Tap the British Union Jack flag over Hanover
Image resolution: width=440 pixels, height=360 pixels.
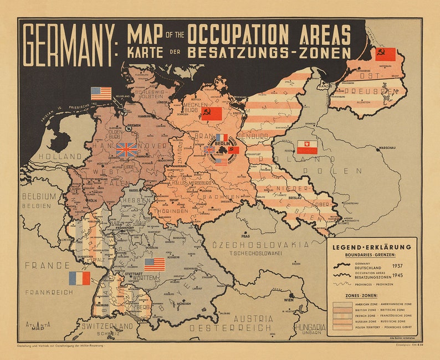[x=127, y=150]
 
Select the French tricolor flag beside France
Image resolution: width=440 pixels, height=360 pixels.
[x=79, y=278]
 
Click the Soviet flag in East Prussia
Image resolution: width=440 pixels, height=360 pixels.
[x=385, y=54]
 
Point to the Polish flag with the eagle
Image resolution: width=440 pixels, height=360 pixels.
[x=306, y=147]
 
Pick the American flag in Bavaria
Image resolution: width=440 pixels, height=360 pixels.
[x=155, y=264]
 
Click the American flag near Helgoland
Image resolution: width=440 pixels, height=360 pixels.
[x=101, y=93]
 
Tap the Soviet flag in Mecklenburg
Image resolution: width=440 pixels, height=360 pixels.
[x=211, y=114]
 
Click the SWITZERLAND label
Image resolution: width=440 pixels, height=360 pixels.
[x=108, y=326]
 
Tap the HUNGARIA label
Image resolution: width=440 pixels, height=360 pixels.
[x=310, y=328]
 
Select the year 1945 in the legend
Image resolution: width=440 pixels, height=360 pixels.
[x=397, y=275]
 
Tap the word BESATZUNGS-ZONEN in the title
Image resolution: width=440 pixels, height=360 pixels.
[x=269, y=53]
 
